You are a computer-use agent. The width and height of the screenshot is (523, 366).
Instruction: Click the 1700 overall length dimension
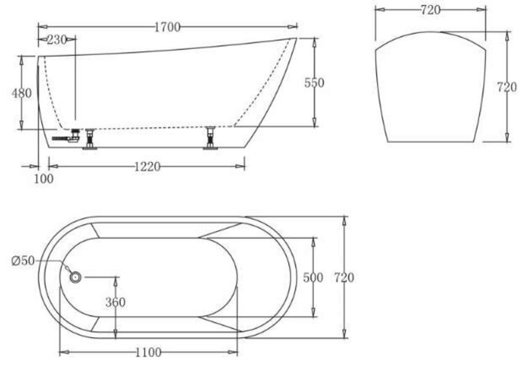[167, 27]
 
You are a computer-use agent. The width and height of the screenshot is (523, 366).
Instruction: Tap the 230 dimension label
[56, 40]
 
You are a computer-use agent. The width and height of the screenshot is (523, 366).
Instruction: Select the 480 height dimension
[21, 93]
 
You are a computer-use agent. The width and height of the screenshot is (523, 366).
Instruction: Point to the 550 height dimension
[314, 83]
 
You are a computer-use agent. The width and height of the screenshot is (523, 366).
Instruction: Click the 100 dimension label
[44, 179]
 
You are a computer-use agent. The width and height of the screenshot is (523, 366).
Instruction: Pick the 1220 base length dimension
[147, 167]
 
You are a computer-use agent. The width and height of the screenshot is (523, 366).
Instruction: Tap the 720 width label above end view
[430, 10]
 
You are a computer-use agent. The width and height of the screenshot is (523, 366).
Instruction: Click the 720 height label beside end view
[507, 87]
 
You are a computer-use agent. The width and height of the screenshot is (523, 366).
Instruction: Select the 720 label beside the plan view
[344, 277]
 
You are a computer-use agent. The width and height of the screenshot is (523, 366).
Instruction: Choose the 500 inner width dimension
[313, 277]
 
